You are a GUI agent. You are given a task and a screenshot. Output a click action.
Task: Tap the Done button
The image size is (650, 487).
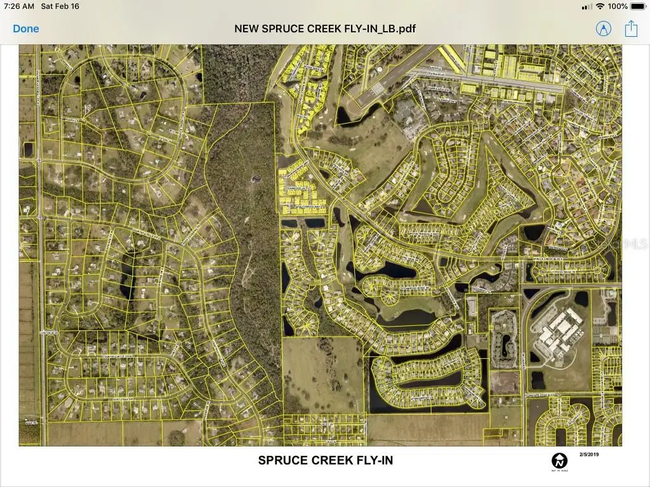pyautogui.click(x=26, y=29)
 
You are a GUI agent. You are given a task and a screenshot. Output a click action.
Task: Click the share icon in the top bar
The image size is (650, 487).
pyautogui.click(x=630, y=29)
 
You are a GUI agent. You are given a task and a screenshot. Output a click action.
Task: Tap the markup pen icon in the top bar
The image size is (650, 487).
pyautogui.click(x=603, y=29)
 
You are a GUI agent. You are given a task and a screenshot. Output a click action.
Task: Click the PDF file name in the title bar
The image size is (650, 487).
pyautogui.click(x=325, y=29)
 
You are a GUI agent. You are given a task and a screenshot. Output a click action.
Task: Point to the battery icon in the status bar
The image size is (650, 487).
pyautogui.click(x=637, y=6)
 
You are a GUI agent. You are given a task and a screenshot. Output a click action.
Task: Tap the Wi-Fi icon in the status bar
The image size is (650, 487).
pyautogui.click(x=600, y=6)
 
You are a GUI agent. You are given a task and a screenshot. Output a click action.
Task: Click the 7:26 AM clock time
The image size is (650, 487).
pyautogui.click(x=18, y=6)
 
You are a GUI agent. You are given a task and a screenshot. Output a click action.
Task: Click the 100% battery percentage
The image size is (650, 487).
pyautogui.click(x=618, y=6)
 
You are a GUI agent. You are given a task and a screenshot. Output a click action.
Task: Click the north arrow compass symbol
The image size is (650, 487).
pyautogui.click(x=559, y=460)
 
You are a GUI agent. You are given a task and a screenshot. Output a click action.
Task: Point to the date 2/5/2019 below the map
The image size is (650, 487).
pyautogui.click(x=589, y=454)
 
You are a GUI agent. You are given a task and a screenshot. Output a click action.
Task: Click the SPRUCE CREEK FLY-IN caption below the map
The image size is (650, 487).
pyautogui.click(x=325, y=460)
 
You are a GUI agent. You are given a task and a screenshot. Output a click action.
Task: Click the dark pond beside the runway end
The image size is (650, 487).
pyautogui.click(x=347, y=114)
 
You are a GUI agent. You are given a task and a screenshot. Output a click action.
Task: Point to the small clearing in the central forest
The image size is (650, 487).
pyautogui.click(x=255, y=179)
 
